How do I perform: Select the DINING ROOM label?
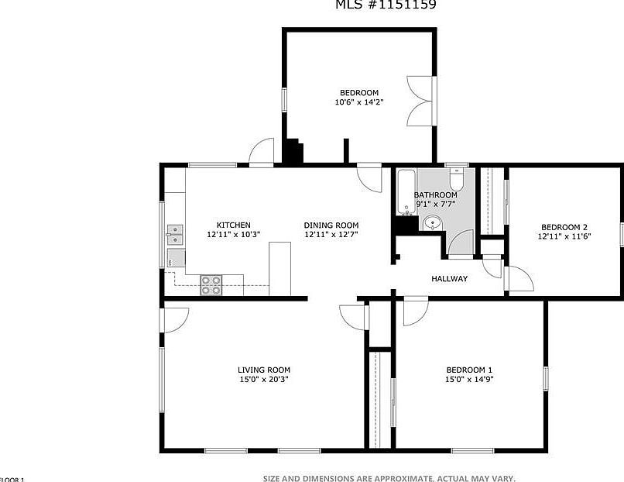pyautogui.click(x=331, y=226)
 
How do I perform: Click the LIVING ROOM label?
pyautogui.click(x=263, y=370)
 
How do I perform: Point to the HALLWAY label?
pyautogui.click(x=449, y=279)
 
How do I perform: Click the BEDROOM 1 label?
pyautogui.click(x=469, y=370)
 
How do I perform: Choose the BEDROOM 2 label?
pyautogui.click(x=564, y=227)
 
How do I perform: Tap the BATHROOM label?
pyautogui.click(x=435, y=195)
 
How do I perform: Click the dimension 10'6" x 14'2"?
pyautogui.click(x=358, y=102)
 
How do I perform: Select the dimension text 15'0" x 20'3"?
pyautogui.click(x=263, y=380)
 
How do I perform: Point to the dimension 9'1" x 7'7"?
pyautogui.click(x=435, y=205)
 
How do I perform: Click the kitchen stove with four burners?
pyautogui.click(x=211, y=285)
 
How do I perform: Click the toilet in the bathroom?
pyautogui.click(x=457, y=180)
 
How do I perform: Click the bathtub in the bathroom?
pyautogui.click(x=406, y=193)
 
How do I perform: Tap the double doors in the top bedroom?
pyautogui.click(x=421, y=101)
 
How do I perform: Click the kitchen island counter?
pyautogui.click(x=279, y=268)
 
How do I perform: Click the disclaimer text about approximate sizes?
pyautogui.click(x=389, y=478)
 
